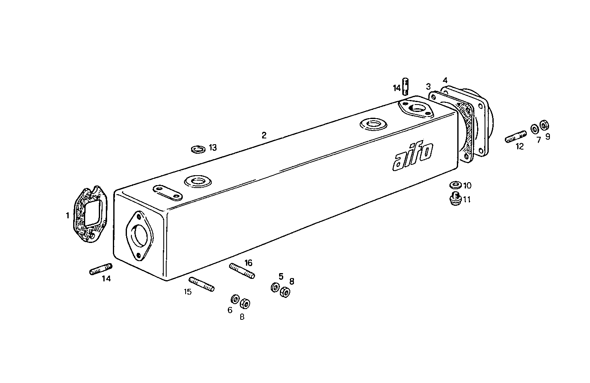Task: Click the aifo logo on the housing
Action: (413, 156)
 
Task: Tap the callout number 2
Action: (264, 135)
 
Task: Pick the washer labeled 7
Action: (535, 128)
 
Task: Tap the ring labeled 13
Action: (198, 148)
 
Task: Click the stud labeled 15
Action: (202, 284)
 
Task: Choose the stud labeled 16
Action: (242, 271)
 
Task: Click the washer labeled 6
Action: (234, 298)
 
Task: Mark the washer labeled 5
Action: (275, 287)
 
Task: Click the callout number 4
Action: (445, 80)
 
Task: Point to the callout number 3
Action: (428, 86)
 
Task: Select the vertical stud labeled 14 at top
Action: (406, 86)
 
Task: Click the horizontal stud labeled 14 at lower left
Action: (100, 269)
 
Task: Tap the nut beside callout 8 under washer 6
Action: (245, 304)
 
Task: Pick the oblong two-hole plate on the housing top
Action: (168, 193)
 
